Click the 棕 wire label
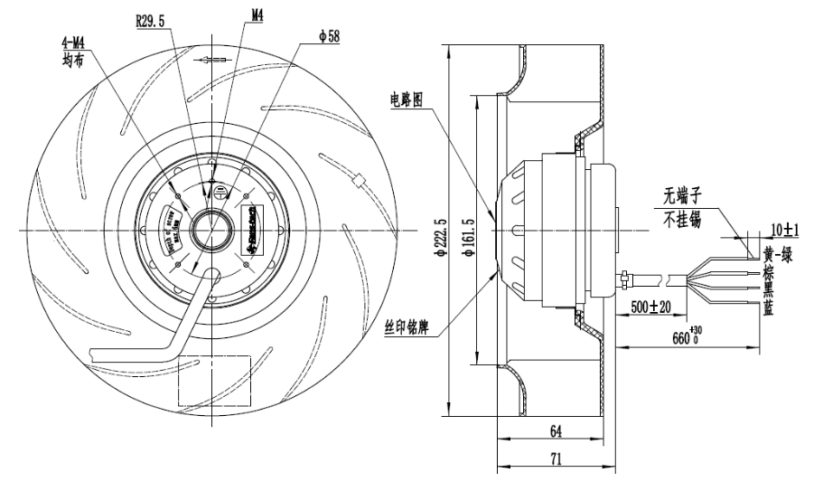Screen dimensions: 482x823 [769, 271]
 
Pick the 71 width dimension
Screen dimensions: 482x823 [556, 459]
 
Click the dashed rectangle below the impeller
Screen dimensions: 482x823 [214, 381]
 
